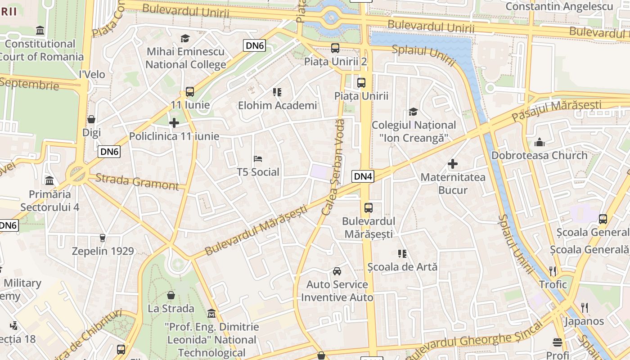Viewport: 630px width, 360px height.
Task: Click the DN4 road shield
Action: pos(363,176)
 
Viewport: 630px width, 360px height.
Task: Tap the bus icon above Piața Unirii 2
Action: pos(335,48)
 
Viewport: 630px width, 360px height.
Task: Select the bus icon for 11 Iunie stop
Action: pos(190,92)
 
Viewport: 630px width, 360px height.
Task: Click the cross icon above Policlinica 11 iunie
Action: pos(174,123)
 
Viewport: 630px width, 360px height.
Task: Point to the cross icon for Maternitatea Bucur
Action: pos(453,164)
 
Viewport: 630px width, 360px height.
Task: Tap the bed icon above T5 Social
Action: pos(258,159)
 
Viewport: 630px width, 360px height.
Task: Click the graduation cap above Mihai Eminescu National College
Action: pos(185,38)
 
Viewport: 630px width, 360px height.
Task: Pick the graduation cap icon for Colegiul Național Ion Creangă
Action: pos(413,112)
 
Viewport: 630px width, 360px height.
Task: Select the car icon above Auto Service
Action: pos(337,271)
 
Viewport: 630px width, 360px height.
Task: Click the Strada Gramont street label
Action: pos(137,182)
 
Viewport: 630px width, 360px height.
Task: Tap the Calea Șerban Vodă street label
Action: pos(333,166)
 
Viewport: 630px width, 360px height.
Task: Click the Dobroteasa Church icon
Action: pos(539,143)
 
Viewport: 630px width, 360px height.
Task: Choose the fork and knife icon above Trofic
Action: pos(553,271)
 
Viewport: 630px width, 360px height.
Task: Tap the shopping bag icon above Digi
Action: pos(91,119)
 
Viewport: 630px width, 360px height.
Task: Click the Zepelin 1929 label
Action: pos(103,251)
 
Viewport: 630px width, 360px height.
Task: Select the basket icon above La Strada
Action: pos(171,295)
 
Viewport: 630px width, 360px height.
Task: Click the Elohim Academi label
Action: pos(277,106)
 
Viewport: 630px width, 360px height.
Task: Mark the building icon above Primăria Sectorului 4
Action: pos(49,181)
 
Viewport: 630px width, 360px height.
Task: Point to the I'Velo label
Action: pos(92,75)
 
